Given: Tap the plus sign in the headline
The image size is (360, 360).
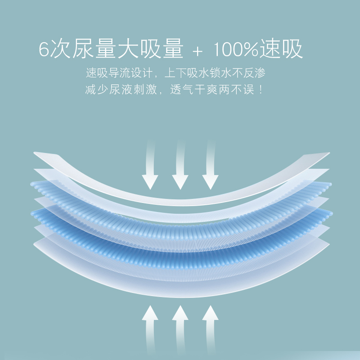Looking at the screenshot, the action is click(x=197, y=50).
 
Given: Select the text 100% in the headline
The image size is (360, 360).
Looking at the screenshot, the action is click(x=235, y=49).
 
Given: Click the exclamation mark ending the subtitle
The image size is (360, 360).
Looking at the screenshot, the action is click(x=259, y=89).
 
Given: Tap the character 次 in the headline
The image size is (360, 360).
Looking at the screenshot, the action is click(x=61, y=49).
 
